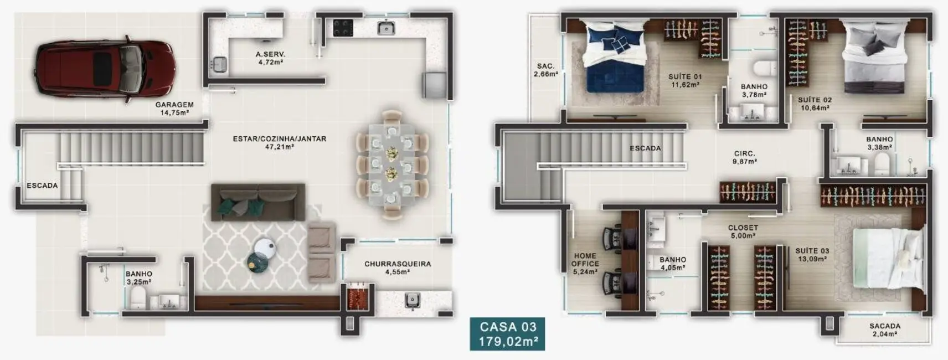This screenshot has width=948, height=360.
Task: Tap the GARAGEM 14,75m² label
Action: point(174,109)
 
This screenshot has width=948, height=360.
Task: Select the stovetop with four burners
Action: point(343,28)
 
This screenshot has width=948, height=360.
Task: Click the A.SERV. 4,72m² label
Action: point(270,59)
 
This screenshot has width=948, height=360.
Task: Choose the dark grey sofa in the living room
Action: point(258,202)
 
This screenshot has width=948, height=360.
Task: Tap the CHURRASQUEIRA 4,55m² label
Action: point(397,268)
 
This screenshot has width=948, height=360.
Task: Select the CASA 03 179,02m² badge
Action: point(508,334)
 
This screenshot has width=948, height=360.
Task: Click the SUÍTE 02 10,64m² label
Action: point(815,104)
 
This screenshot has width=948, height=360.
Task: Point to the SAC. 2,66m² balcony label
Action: point(545,70)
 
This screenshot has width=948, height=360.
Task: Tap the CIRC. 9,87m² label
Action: point(744,158)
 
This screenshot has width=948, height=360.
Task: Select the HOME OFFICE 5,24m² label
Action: point(585,264)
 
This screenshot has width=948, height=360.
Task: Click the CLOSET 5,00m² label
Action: point(743,232)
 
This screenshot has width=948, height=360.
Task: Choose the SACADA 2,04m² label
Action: point(884,330)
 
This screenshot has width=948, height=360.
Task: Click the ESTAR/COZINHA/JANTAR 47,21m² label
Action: point(279,143)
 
